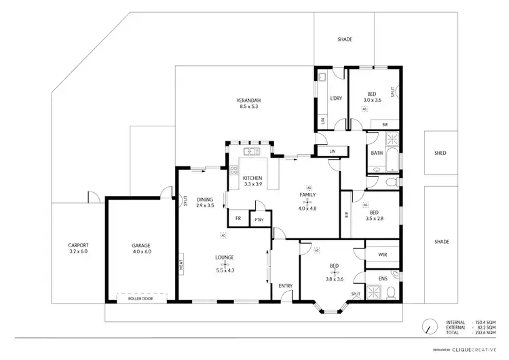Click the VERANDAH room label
click(x=250, y=100)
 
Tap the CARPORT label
click(x=78, y=245)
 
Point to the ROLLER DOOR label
click(x=140, y=298)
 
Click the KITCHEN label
click(x=252, y=178)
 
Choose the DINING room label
click(x=205, y=199)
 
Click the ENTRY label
click(x=285, y=285)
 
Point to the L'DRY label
click(x=335, y=98)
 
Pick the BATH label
click(x=377, y=153)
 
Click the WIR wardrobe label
click(x=382, y=255)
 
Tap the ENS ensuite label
click(x=382, y=278)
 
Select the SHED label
click(x=440, y=153)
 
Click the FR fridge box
click(x=238, y=218)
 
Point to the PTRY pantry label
click(x=259, y=219)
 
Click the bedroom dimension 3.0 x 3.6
click(x=371, y=100)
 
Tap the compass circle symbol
click(x=429, y=326)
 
